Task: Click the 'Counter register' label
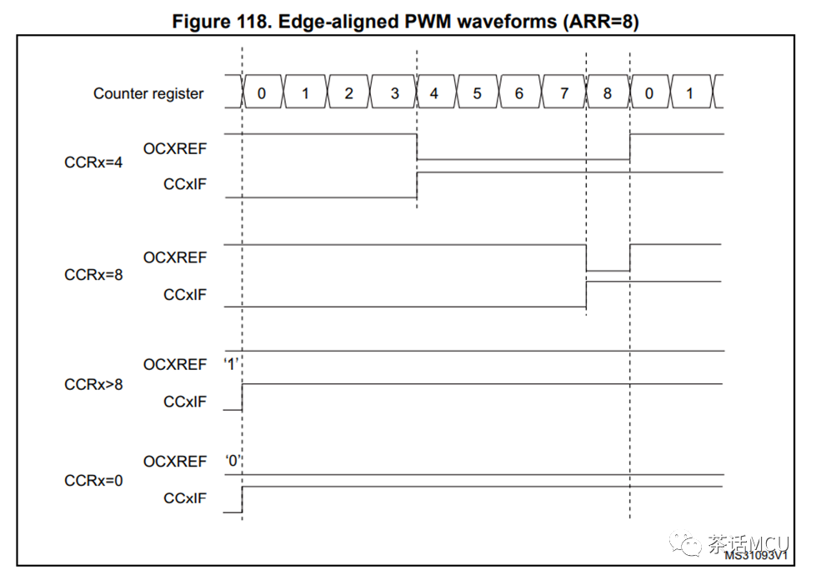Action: tap(148, 93)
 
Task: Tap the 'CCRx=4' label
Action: tap(93, 162)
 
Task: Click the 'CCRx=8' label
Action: tap(93, 274)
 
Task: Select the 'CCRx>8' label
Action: tap(93, 384)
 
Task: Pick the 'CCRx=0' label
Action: tap(93, 480)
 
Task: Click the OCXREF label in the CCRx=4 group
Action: tap(175, 149)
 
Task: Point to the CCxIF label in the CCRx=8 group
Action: tap(185, 294)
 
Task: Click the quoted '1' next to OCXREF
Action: tap(231, 363)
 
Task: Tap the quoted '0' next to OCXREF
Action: tap(233, 460)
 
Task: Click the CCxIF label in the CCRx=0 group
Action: tap(185, 497)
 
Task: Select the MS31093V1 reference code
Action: tap(756, 555)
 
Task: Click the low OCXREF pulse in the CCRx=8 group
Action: tap(608, 271)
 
